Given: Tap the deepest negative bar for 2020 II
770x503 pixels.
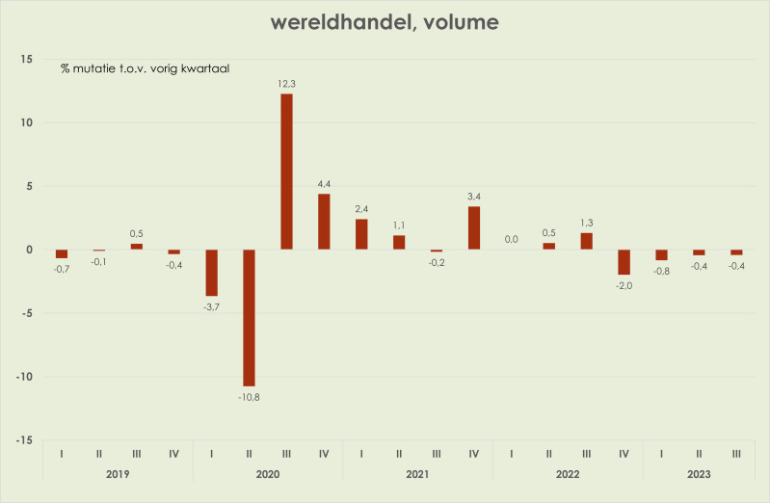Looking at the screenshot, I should (x=249, y=318).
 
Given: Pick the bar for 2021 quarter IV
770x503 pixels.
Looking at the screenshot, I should (x=474, y=228).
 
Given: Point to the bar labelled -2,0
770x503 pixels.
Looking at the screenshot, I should (x=624, y=262).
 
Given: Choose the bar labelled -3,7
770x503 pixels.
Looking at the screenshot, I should (x=211, y=273).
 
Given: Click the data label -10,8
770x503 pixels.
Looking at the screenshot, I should (x=249, y=396).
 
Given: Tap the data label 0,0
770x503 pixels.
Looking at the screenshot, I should (x=512, y=239).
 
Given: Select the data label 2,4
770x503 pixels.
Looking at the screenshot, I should (x=361, y=208).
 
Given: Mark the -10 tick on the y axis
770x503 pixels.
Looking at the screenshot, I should (x=23, y=377).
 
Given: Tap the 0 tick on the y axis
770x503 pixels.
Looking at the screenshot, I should (x=30, y=250).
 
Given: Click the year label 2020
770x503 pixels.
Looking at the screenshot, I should (x=267, y=474).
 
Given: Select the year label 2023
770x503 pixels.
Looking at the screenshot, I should (x=699, y=474).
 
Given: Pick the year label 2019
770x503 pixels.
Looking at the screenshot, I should (x=118, y=474).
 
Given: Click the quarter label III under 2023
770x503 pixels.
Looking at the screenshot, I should (x=736, y=453).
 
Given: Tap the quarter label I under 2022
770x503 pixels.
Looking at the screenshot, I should (x=512, y=453).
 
